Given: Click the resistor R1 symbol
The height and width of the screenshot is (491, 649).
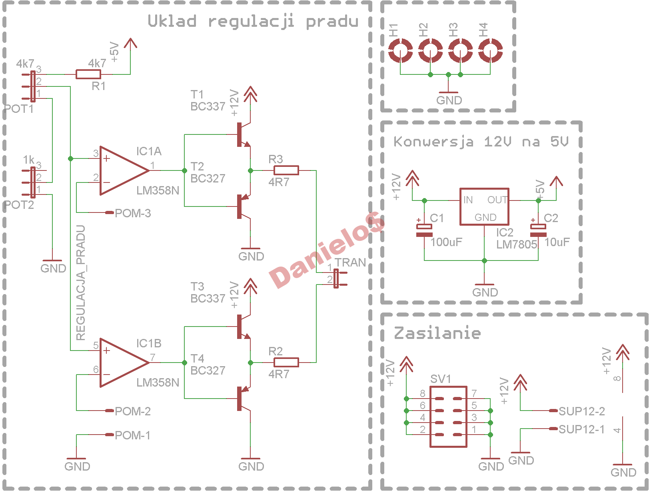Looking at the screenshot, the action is [88, 74].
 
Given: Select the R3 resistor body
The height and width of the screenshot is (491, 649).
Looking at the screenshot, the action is [286, 170].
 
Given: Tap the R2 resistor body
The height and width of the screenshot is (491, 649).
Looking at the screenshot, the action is [286, 362].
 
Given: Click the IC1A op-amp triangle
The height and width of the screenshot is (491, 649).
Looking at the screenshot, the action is [124, 170].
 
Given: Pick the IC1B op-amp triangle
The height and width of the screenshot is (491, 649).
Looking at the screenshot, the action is [124, 362].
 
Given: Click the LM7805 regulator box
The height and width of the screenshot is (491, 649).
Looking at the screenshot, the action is [484, 206].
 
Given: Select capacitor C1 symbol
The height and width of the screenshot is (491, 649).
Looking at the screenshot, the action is [424, 230].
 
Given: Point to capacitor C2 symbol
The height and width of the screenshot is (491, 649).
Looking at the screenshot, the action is [538, 230].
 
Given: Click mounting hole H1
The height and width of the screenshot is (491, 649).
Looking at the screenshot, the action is [400, 50].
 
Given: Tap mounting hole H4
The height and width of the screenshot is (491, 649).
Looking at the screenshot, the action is [490, 50].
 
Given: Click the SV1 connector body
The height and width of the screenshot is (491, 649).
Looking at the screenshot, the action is [448, 417].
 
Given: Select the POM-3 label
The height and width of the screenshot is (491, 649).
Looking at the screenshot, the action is [133, 213].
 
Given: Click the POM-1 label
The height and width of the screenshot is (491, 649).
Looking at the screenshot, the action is [132, 435].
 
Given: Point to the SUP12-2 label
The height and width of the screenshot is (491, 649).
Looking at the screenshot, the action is [581, 411].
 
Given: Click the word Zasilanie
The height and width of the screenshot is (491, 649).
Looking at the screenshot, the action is [437, 333].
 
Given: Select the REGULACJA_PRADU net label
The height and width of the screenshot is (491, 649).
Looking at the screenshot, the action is [80, 283].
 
